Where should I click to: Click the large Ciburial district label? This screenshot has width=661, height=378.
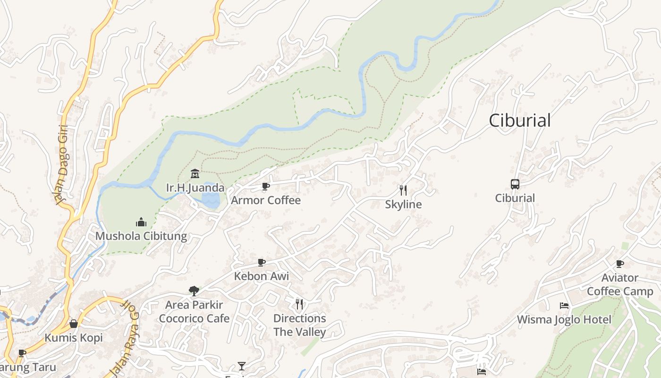click(x=519, y=120)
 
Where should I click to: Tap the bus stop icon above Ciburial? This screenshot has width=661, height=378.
click(x=515, y=184)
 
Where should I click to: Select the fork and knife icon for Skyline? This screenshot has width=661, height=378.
click(x=403, y=190)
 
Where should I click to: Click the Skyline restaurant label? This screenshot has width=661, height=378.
click(x=403, y=205)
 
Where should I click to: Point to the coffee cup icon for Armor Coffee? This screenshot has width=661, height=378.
click(x=265, y=187)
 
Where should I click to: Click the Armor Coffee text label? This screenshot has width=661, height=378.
click(x=265, y=200)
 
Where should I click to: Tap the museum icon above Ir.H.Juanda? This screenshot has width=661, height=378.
click(x=195, y=174)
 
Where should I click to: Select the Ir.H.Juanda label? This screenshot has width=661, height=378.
click(x=195, y=188)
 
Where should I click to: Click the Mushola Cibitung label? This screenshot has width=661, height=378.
click(x=141, y=236)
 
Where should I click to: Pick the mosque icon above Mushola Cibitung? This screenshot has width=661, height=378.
click(x=141, y=222)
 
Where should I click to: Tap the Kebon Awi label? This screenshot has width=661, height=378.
click(x=262, y=276)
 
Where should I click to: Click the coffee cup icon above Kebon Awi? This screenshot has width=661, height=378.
click(x=261, y=262)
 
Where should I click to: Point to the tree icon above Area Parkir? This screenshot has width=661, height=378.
click(x=194, y=291)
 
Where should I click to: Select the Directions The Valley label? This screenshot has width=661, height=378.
click(x=299, y=325)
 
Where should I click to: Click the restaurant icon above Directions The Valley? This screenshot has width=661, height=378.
click(x=299, y=304)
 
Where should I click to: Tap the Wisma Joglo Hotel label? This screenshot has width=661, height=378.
click(x=564, y=320)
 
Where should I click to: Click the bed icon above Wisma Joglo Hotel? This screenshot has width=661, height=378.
click(x=564, y=306)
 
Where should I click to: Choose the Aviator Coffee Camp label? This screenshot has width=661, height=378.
click(x=619, y=284)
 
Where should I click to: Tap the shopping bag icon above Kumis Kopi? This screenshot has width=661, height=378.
click(x=74, y=324)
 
